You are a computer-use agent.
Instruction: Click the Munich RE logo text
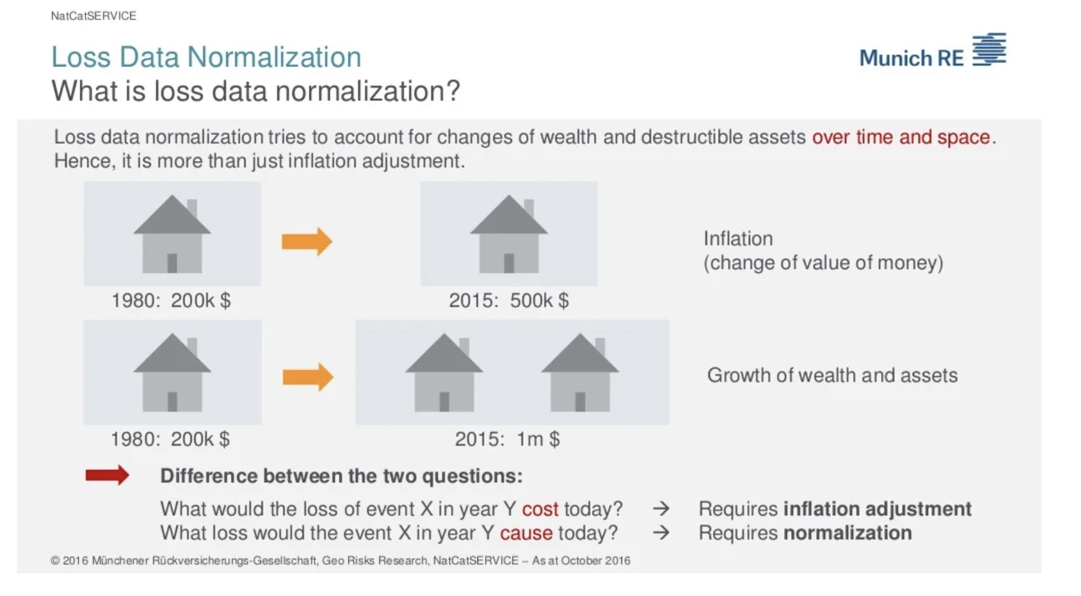pyautogui.click(x=911, y=58)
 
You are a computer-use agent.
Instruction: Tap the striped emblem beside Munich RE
pyautogui.click(x=989, y=49)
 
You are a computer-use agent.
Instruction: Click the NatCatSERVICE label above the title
pyautogui.click(x=94, y=16)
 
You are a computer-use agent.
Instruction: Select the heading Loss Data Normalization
pyautogui.click(x=206, y=57)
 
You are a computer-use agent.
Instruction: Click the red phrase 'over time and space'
pyautogui.click(x=901, y=137)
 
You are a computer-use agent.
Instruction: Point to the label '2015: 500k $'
pyautogui.click(x=509, y=300)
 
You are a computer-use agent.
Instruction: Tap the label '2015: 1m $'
pyautogui.click(x=507, y=439)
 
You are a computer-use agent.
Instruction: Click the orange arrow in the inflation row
pyautogui.click(x=307, y=242)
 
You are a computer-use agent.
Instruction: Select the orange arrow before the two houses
pyautogui.click(x=308, y=377)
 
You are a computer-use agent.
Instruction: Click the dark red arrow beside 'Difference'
pyautogui.click(x=107, y=475)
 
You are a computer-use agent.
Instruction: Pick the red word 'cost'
pyautogui.click(x=540, y=509)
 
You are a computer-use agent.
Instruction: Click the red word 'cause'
pyautogui.click(x=526, y=533)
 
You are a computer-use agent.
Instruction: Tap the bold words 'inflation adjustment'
pyautogui.click(x=877, y=509)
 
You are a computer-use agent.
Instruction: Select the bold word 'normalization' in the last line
pyautogui.click(x=847, y=533)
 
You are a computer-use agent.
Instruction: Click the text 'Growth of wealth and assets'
pyautogui.click(x=832, y=375)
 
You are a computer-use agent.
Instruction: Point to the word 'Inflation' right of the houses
pyautogui.click(x=738, y=239)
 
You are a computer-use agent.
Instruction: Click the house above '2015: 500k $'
pyautogui.click(x=509, y=234)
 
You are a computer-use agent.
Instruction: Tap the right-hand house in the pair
pyautogui.click(x=580, y=373)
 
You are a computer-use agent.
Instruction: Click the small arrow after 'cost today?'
pyautogui.click(x=661, y=509)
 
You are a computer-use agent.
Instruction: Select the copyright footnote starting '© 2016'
pyautogui.click(x=341, y=560)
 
